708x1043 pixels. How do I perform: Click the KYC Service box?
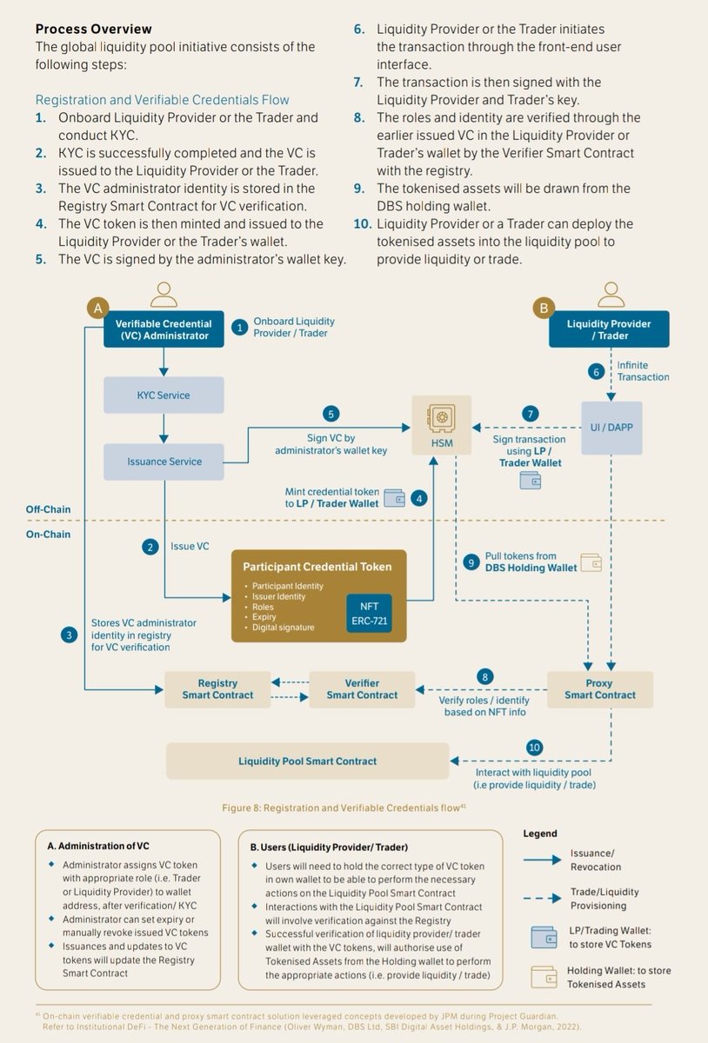(163, 395)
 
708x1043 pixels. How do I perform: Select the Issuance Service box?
(163, 462)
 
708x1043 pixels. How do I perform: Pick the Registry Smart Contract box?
(217, 688)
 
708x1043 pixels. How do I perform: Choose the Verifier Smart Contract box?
(362, 688)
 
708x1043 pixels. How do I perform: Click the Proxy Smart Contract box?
(600, 689)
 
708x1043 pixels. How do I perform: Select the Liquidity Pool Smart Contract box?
(308, 761)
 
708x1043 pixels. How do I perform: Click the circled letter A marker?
(97, 308)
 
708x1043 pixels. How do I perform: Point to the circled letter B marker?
(544, 308)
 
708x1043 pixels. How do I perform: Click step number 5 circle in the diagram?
(331, 414)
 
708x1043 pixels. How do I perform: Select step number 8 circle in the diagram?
(486, 675)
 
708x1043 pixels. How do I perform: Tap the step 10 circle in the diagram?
(534, 747)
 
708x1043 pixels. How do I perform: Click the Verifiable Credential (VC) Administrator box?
(163, 330)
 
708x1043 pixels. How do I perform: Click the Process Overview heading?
(93, 30)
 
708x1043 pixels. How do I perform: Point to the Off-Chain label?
(49, 509)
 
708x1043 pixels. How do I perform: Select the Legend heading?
(540, 834)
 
